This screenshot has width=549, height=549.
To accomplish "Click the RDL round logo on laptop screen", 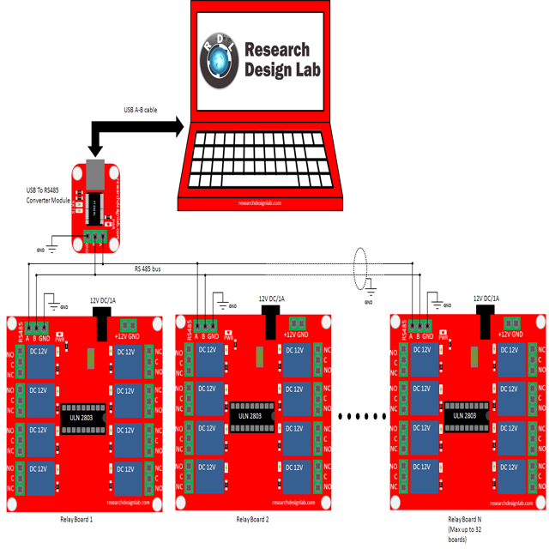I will [220, 61].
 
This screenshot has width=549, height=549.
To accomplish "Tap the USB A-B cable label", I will [141, 110].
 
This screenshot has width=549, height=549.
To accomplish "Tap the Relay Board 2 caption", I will [253, 520].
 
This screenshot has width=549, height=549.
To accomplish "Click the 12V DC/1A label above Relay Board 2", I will [273, 299].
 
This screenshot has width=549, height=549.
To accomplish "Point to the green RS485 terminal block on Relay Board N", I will [420, 324].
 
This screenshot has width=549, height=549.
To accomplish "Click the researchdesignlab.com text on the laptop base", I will [260, 203].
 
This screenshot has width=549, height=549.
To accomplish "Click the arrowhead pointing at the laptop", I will [177, 126].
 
